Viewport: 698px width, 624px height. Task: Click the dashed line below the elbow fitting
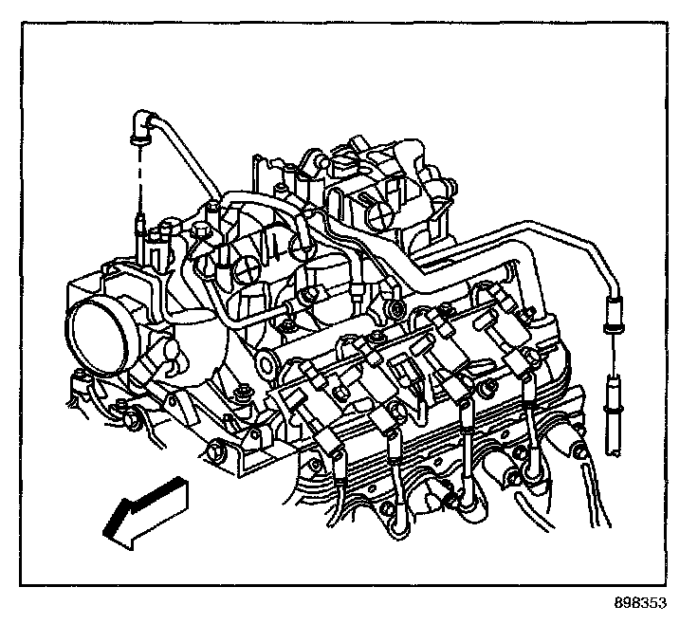point(140,180)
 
